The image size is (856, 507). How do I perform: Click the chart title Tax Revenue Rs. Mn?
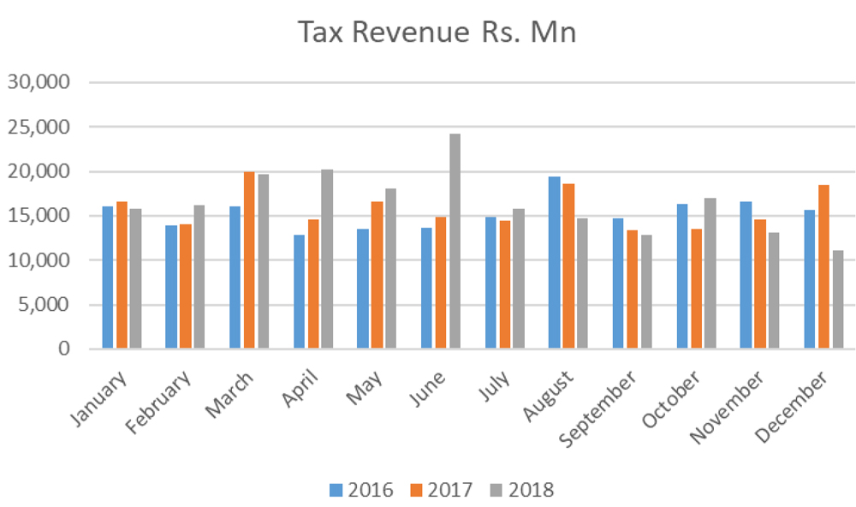point(437,33)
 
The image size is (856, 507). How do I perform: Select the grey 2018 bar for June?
point(455,241)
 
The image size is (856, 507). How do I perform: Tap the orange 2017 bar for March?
point(249,260)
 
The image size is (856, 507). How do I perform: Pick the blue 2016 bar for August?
point(554,262)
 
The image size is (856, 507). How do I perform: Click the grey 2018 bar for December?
point(838,300)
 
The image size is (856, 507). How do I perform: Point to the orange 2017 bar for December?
point(823,266)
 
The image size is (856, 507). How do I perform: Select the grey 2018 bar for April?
point(327,259)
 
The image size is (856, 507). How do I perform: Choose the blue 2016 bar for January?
point(108,277)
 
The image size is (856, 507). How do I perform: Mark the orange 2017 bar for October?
point(696,289)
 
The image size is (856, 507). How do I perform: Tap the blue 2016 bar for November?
point(746,275)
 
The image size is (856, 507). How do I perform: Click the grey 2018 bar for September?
point(646,292)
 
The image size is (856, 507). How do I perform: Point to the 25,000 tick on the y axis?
point(39,127)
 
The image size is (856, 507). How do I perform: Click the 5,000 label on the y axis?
point(44,304)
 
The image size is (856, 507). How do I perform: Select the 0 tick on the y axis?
point(64,349)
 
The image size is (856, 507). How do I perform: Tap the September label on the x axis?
point(597,409)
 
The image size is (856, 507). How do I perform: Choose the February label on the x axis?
point(158,403)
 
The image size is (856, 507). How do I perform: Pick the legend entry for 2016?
point(361,490)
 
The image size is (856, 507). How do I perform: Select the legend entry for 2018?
point(522,490)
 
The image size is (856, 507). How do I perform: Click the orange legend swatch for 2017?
point(417,490)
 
